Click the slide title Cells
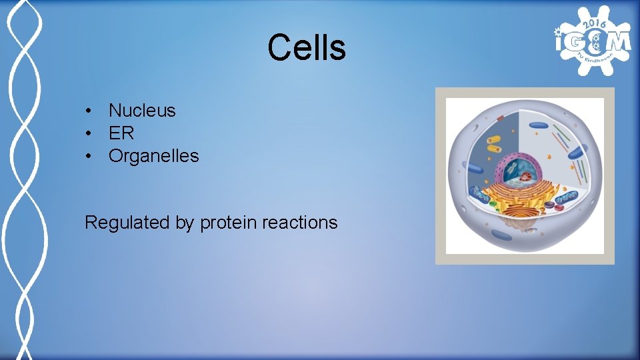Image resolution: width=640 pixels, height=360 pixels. click(x=307, y=47)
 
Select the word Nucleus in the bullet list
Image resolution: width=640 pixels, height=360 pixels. click(x=142, y=110)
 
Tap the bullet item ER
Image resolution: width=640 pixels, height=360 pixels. click(x=121, y=133)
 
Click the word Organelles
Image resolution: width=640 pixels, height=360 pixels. click(x=153, y=156)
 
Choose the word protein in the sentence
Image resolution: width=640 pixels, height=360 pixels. click(x=229, y=223)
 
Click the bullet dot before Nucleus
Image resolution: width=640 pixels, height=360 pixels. click(x=88, y=111)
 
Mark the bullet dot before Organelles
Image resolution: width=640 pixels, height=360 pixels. click(x=88, y=157)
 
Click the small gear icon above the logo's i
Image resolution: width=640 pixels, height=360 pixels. click(x=559, y=29)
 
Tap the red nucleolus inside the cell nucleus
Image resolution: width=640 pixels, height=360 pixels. click(x=527, y=177)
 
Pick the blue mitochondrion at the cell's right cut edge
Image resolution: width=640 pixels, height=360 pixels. click(x=567, y=197)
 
